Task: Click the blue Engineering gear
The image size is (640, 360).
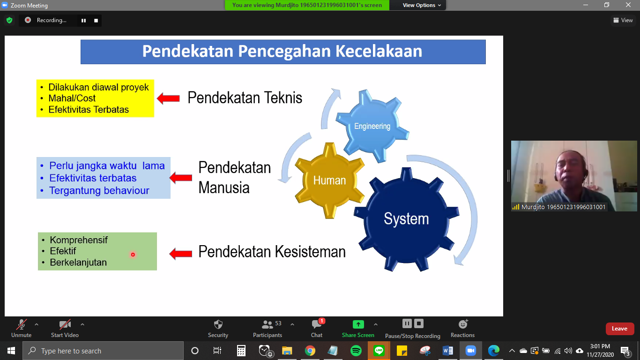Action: [x=372, y=126]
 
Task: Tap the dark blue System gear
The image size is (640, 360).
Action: [x=406, y=219]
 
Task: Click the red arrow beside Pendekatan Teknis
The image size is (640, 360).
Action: [x=168, y=98]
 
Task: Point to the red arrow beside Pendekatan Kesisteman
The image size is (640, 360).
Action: [x=180, y=253]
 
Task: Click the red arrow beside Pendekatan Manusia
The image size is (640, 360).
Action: [x=180, y=178]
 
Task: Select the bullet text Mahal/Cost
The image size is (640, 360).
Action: [x=72, y=98]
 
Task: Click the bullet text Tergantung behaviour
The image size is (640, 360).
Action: [x=99, y=190]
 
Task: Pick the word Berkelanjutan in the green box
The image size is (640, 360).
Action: [x=78, y=262]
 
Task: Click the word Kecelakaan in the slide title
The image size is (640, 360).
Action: [x=379, y=51]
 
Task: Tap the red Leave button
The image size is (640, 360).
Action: [x=620, y=329]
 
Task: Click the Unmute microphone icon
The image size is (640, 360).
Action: [x=21, y=324]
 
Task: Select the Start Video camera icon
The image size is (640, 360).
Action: [x=65, y=324]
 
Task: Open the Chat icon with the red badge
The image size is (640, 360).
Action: [x=317, y=324]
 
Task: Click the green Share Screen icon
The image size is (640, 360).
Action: [x=358, y=324]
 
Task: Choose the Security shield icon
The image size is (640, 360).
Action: [x=218, y=324]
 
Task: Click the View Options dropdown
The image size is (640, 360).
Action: [x=422, y=5]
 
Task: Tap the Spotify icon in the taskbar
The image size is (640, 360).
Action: [x=356, y=351]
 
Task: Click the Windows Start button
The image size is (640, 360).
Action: [x=11, y=351]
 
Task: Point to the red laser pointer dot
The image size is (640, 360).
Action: [x=133, y=255]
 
